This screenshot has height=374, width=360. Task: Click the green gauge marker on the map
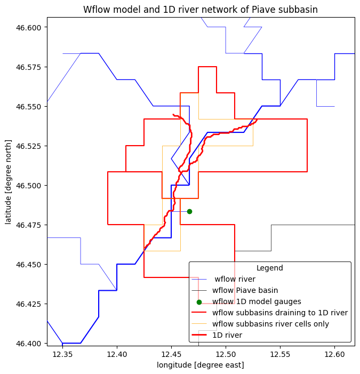click(189, 211)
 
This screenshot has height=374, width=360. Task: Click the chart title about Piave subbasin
click(201, 10)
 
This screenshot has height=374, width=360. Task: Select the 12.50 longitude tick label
click(226, 355)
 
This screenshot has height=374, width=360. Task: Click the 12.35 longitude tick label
click(62, 355)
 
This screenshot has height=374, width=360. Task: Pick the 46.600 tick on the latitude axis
click(31, 27)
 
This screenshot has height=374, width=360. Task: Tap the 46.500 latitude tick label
click(31, 186)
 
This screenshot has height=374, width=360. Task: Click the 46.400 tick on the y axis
click(31, 344)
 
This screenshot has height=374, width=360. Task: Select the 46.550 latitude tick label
click(31, 107)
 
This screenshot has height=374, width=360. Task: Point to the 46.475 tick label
click(31, 225)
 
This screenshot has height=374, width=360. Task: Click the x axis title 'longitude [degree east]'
click(201, 365)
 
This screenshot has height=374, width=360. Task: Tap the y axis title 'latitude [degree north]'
click(9, 181)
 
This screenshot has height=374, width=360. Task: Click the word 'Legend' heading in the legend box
click(270, 268)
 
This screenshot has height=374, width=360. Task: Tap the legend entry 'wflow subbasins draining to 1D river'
click(280, 313)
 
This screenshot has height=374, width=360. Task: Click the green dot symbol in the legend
click(199, 302)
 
